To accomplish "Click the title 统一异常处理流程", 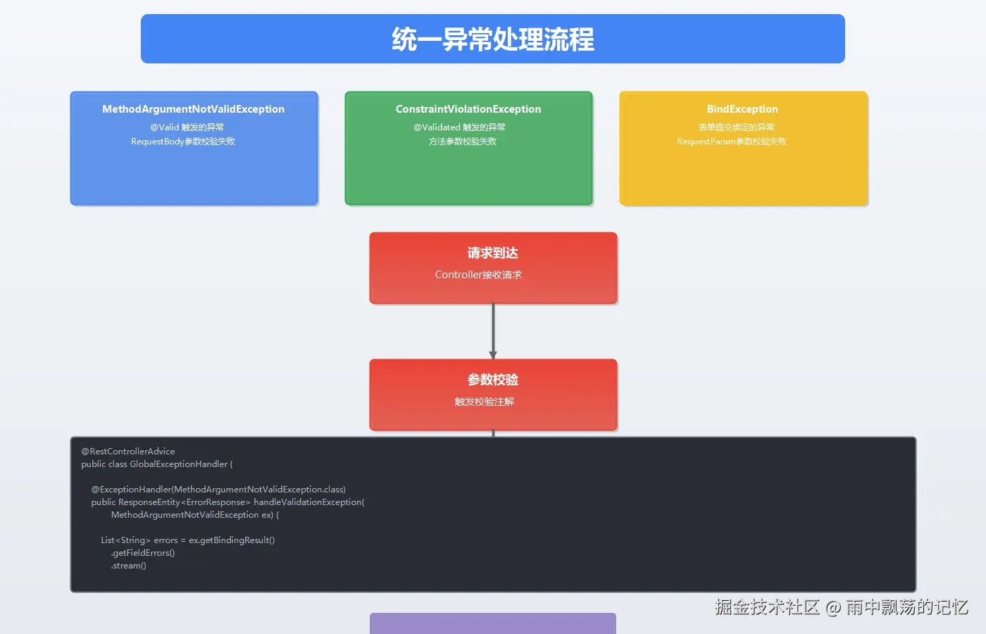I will coord(492,39).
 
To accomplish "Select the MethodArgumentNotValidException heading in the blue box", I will coord(193,109).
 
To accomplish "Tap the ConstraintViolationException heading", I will coord(468,109).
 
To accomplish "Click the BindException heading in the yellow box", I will coord(742,109).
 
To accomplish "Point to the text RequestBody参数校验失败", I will coord(183,142).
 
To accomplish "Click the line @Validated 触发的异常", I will coord(459,128).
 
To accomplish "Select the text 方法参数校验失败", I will coord(463,142).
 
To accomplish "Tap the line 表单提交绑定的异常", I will coord(736,128).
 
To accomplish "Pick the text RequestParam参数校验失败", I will coord(732,142).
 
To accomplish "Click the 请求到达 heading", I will coord(492,253).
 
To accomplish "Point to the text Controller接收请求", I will coord(478,275).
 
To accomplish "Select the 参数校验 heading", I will coord(492,380).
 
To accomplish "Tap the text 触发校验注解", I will coord(484,402).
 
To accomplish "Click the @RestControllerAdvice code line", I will coord(128,452).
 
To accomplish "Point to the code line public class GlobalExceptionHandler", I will coord(156,464).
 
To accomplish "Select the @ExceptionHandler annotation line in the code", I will coord(218,490).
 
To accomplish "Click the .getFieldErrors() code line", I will coord(143,553).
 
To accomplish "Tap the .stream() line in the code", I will coord(128,566).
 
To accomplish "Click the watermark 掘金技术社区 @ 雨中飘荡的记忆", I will coord(841,607).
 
